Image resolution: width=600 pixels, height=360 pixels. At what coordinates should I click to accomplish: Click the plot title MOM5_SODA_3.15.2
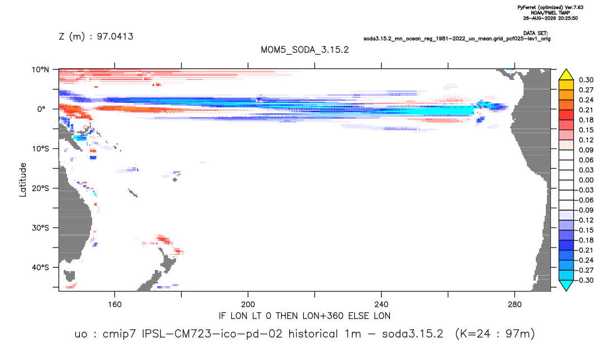(x=304, y=50)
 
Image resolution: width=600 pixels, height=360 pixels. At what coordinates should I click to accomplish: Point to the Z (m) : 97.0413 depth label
(x=96, y=36)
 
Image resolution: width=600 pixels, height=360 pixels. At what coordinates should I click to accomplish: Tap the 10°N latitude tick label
(x=40, y=70)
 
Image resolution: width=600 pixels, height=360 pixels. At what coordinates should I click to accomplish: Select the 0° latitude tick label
(x=41, y=109)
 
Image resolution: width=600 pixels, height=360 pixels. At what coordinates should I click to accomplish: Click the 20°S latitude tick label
(x=40, y=188)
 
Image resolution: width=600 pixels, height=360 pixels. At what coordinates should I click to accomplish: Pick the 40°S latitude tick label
(x=40, y=267)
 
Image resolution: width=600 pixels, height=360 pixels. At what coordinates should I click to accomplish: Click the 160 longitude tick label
(x=115, y=305)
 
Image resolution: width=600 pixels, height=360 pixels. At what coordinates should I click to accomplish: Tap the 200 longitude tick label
(x=248, y=305)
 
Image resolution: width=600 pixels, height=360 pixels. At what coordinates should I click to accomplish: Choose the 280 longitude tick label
(x=515, y=305)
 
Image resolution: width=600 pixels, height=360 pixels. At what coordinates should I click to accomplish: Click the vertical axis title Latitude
(x=23, y=180)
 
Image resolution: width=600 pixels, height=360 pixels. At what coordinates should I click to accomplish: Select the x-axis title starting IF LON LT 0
(x=304, y=316)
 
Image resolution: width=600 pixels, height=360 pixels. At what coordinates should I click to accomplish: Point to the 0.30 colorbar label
(x=586, y=80)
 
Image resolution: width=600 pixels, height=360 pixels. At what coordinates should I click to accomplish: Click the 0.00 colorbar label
(x=586, y=180)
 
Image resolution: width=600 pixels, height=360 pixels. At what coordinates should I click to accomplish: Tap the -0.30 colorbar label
(x=585, y=280)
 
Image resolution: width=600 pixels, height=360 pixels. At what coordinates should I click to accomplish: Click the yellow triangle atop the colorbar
(x=566, y=75)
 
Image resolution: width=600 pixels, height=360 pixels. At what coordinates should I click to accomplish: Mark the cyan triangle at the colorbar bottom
(x=566, y=285)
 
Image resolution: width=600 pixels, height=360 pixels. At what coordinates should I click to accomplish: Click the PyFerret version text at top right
(x=550, y=7)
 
